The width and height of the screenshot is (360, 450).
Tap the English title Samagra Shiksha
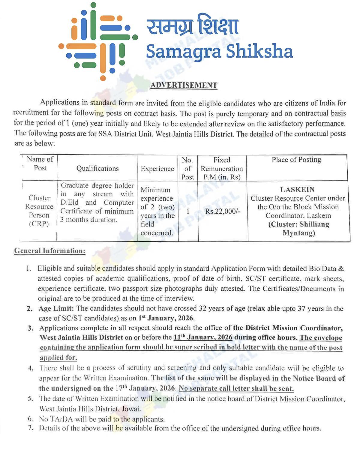coord(219,51)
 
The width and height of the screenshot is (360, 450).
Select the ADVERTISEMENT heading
coord(184,85)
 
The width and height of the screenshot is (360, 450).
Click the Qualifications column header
coord(97,168)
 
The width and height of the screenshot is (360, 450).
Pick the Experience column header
coord(157,169)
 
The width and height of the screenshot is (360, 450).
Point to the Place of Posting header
coord(296,160)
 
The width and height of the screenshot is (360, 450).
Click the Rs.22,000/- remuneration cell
coord(223,211)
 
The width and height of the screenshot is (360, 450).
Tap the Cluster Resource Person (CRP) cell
coord(39,211)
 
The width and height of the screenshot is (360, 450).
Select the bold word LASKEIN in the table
coord(297,190)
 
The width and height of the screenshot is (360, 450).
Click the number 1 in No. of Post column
coord(188,211)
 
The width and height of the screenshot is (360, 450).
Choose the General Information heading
coord(50,251)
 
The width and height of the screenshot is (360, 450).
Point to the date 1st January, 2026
coord(166,318)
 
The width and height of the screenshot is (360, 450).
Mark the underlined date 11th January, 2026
coord(203,337)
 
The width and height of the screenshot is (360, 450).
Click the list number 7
coord(31,428)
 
